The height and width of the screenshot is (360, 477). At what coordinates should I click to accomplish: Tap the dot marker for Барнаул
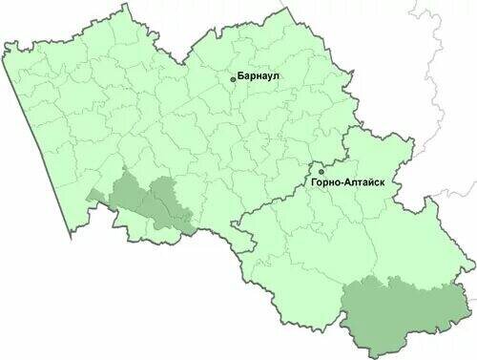pyautogui.click(x=232, y=76)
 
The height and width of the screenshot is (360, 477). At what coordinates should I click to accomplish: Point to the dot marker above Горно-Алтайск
pyautogui.click(x=322, y=172)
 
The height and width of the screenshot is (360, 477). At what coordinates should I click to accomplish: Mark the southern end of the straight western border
pyautogui.click(x=64, y=235)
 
